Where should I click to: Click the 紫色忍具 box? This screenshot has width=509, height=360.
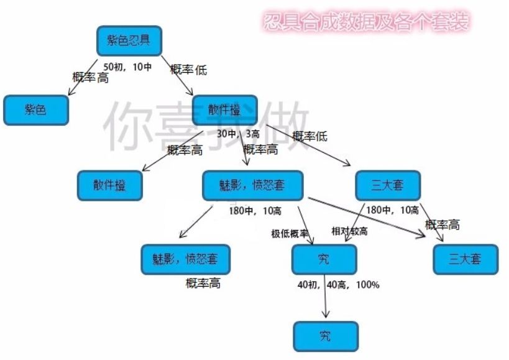pos(129,41)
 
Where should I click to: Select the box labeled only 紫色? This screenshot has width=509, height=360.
pos(35,110)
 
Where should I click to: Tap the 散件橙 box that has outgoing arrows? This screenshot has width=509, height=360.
pos(224,110)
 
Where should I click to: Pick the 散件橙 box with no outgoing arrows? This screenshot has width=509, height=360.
pos(109,185)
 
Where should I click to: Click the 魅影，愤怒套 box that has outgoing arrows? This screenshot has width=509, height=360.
pos(252,185)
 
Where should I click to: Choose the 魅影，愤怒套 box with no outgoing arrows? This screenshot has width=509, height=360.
pos(185,259)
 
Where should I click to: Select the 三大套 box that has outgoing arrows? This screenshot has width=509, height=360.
pos(388,185)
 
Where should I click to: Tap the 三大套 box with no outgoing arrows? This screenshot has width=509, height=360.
pos(465,259)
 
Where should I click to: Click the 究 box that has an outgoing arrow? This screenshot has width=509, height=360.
pos(324,259)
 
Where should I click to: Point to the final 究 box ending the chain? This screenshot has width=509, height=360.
pos(326,336)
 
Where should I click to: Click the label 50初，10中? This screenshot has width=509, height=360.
pos(127,67)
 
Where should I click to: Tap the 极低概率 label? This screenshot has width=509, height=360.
pos(290,234)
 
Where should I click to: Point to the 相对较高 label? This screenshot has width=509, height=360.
pos(349,231)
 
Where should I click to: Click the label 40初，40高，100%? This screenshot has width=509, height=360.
pos(338,285)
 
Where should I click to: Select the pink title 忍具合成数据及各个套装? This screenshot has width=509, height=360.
pos(366,23)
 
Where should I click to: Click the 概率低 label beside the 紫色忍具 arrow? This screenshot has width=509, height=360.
pos(188,70)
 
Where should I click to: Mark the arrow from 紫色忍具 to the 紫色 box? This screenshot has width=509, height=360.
pos(83,77)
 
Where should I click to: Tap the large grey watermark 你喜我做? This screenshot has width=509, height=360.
pos(206,127)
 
